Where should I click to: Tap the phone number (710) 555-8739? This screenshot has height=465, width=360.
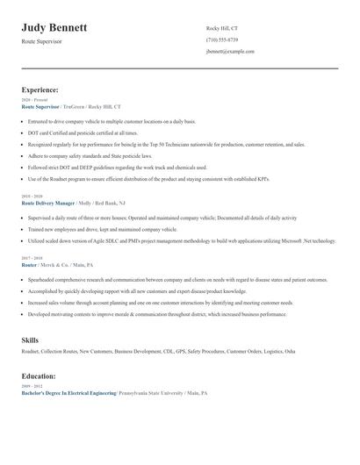221,40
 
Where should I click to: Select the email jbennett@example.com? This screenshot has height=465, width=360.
230,52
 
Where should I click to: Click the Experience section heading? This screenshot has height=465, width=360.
40,89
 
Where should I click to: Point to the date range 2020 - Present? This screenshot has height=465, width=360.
33,100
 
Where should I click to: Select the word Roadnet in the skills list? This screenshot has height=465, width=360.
32,351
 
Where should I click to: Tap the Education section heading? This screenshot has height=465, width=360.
39,376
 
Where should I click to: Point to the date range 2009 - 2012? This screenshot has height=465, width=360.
31,387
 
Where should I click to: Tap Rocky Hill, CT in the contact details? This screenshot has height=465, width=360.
221,29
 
